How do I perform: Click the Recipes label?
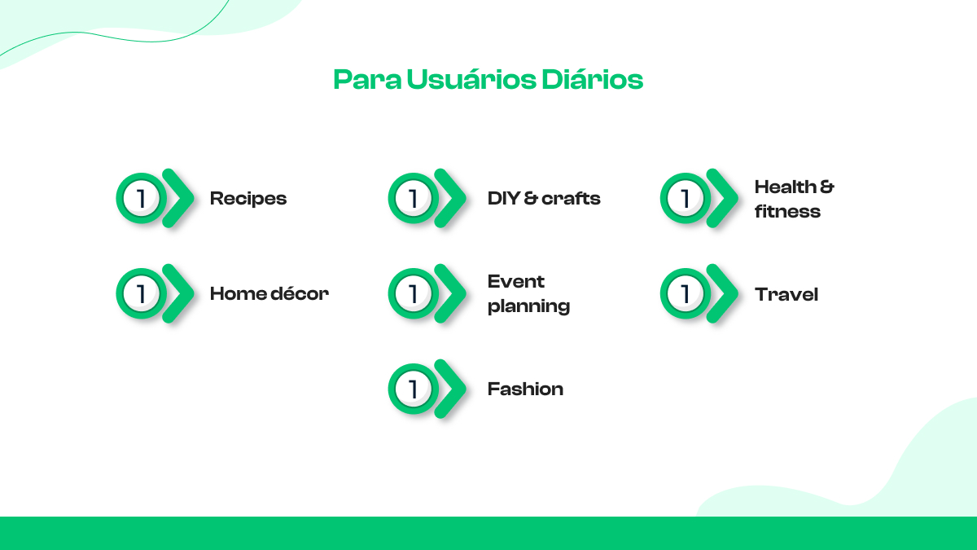click(x=248, y=199)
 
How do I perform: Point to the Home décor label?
click(x=269, y=294)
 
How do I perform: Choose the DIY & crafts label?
click(x=544, y=199)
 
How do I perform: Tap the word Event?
click(x=516, y=282)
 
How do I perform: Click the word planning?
click(x=528, y=307)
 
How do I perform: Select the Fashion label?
click(x=525, y=389)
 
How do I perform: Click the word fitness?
click(x=787, y=212)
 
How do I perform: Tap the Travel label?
click(x=786, y=294)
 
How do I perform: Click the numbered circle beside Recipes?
click(x=142, y=198)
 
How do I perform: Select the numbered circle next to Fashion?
click(x=414, y=389)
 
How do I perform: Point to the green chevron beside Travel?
click(x=722, y=293)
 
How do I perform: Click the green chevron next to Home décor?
click(x=179, y=293)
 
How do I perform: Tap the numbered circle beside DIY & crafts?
click(x=414, y=198)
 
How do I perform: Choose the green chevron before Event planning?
click(x=451, y=293)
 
